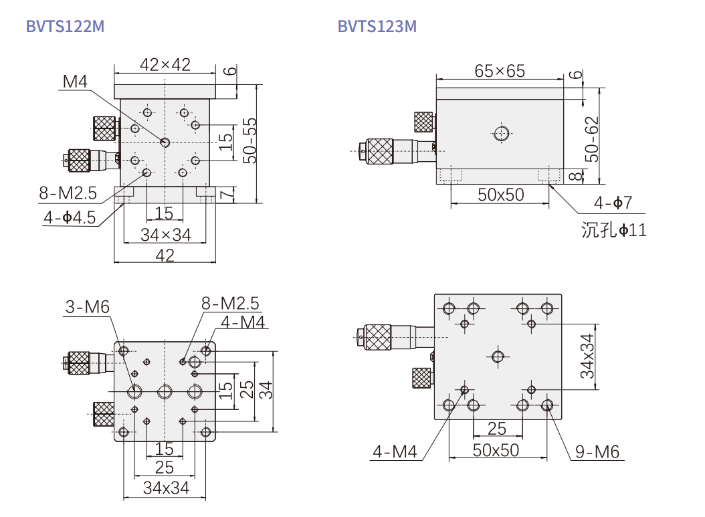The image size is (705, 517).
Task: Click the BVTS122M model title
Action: tap(65, 27)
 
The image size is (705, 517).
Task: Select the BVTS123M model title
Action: tap(377, 27)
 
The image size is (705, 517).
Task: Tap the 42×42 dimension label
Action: tap(165, 64)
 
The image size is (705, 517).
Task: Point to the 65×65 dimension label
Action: tap(500, 70)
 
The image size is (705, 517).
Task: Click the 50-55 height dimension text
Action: tap(249, 141)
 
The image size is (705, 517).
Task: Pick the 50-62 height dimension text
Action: tap(591, 139)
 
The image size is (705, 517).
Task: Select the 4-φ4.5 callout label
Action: tap(70, 217)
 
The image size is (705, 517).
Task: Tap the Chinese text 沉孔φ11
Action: tap(614, 230)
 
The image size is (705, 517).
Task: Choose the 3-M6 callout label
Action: tap(87, 307)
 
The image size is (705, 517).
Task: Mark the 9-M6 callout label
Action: tap(597, 452)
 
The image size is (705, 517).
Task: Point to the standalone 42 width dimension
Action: tap(165, 255)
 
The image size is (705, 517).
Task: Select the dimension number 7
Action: tap(227, 194)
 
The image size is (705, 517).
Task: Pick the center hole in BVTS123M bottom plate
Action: tap(497, 356)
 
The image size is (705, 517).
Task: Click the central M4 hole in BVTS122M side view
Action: tap(165, 142)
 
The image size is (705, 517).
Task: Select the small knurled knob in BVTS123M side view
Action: tap(423, 121)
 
